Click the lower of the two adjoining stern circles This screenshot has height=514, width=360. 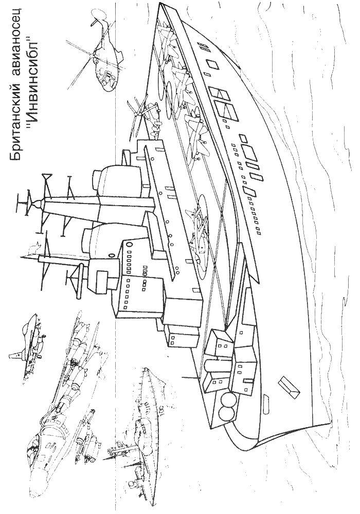227,415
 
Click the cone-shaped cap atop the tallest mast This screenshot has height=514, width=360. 35,203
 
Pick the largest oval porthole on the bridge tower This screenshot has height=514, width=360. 128,244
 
